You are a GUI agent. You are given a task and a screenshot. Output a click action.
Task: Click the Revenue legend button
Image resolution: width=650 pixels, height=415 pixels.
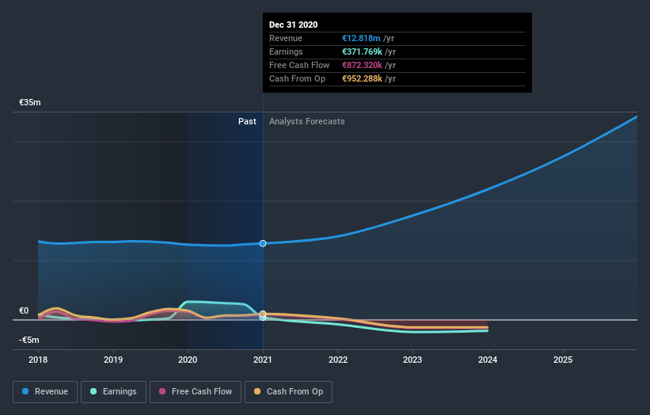[x=46, y=391]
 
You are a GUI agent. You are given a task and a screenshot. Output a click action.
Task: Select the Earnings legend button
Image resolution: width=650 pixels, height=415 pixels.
[x=113, y=391]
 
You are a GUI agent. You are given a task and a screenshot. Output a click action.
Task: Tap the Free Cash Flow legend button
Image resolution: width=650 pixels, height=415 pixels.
[x=195, y=391]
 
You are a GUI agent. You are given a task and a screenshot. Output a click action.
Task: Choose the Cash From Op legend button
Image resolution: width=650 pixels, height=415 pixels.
[x=289, y=391]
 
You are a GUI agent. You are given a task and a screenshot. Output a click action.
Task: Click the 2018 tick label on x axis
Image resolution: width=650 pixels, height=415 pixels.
[x=38, y=360]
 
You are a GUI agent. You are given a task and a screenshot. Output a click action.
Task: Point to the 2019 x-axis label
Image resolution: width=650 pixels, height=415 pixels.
[x=113, y=360]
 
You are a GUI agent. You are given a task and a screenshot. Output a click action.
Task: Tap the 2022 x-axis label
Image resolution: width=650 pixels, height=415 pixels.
[x=338, y=360]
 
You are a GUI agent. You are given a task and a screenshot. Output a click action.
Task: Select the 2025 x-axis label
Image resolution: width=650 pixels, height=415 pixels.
[x=563, y=360]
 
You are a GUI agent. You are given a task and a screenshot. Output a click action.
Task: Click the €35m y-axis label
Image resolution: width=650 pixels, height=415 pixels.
[x=30, y=103]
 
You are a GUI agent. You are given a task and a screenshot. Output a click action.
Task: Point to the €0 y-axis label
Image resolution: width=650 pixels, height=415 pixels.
[x=24, y=311]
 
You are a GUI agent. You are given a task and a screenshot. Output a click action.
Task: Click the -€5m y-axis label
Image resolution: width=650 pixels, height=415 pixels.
[x=30, y=341]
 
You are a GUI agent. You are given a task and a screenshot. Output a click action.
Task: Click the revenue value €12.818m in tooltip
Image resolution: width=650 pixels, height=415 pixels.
[x=361, y=38]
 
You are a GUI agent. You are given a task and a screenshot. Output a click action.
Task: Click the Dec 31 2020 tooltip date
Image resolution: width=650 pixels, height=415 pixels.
[x=293, y=25]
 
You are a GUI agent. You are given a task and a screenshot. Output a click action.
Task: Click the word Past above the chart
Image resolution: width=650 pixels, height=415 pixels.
[x=247, y=121]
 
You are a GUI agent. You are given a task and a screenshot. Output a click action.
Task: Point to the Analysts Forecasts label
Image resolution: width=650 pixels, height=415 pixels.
[x=306, y=121]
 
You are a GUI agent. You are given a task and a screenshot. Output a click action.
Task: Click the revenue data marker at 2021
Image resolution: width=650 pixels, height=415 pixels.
[x=263, y=243]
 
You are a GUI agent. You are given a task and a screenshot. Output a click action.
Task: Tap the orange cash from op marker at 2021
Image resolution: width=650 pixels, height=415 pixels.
[x=263, y=314]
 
